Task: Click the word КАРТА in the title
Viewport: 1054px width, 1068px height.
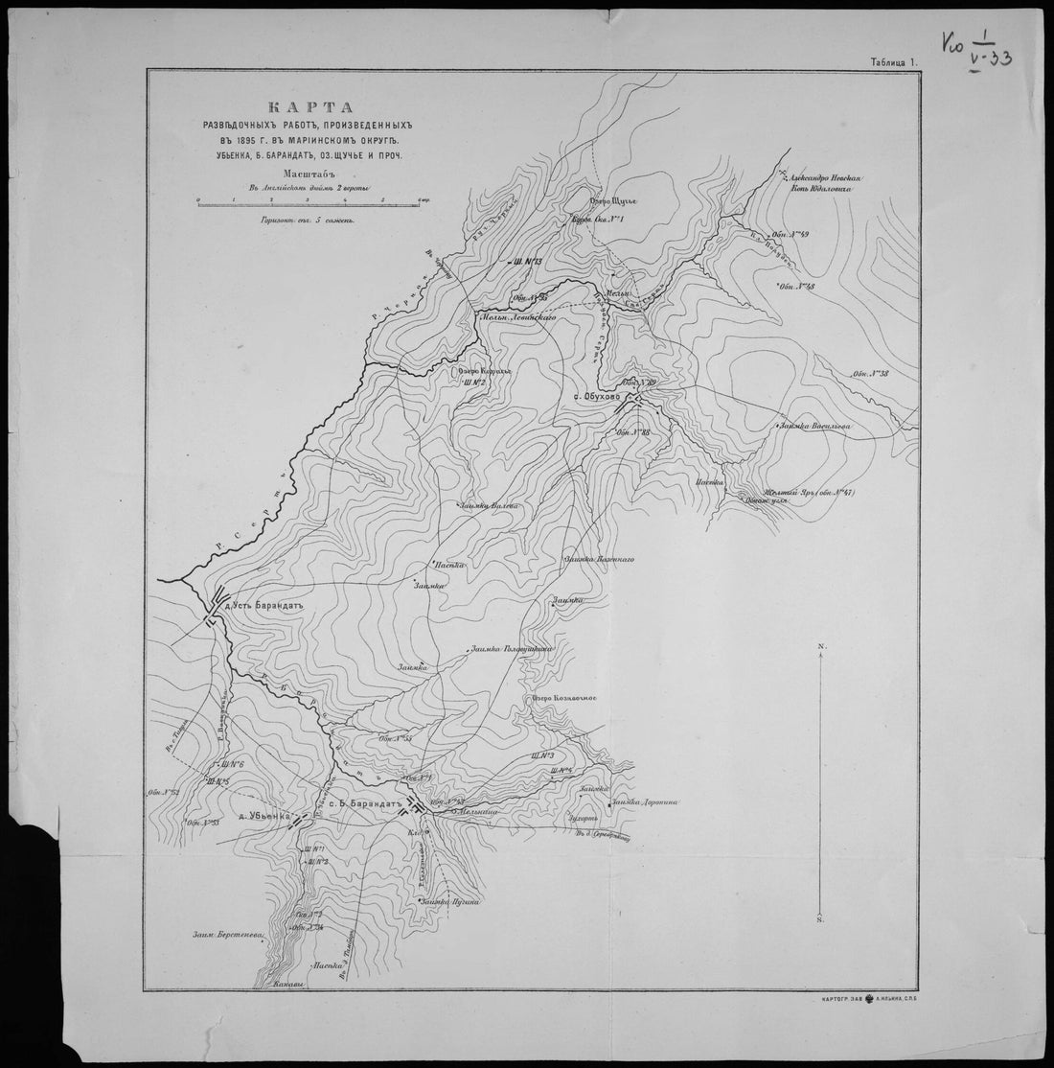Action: [x=295, y=106]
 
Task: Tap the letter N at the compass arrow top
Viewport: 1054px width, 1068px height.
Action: [x=821, y=649]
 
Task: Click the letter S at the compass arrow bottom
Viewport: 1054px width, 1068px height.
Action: [x=821, y=920]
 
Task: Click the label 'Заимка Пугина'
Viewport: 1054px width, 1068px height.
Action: [x=448, y=902]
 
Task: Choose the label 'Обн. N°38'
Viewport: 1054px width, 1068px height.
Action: [x=869, y=374]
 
